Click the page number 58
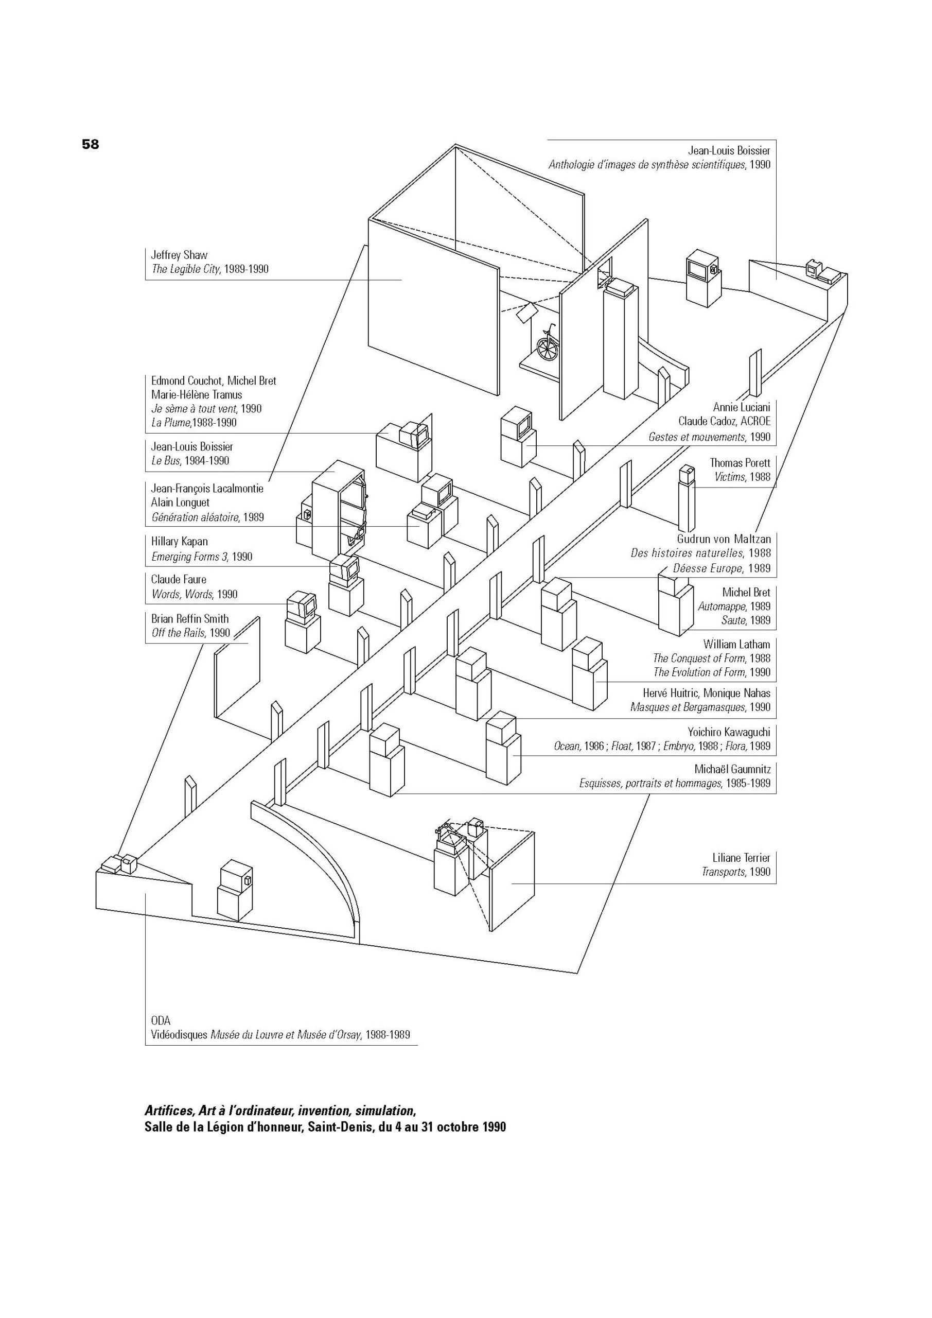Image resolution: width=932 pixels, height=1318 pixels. click(91, 144)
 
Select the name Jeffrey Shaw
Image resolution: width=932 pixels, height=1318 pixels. click(179, 255)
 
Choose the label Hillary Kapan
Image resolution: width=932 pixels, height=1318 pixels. click(180, 541)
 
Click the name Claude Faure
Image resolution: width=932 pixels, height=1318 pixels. click(179, 579)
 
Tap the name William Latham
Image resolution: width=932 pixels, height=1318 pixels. click(737, 644)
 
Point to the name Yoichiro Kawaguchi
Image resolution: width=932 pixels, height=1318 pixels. click(729, 732)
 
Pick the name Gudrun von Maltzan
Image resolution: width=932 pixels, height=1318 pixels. click(724, 540)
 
